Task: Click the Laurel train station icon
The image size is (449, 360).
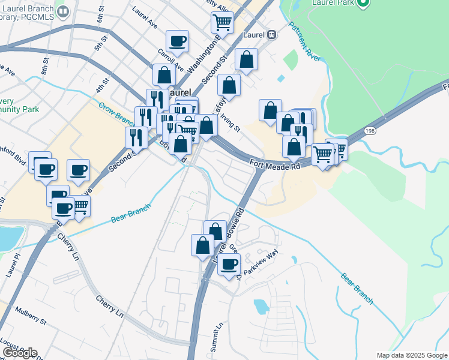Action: click(272, 34)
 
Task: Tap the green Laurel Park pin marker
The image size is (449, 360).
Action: click(362, 3)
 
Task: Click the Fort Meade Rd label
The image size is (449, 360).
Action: click(275, 163)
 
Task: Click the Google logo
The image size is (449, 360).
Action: click(20, 353)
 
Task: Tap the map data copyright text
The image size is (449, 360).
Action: click(411, 355)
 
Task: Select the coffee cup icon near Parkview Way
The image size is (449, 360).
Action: click(228, 263)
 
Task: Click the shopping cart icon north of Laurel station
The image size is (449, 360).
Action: click(222, 22)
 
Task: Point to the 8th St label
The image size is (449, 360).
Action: click(44, 67)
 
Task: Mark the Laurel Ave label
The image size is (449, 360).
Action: click(145, 19)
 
